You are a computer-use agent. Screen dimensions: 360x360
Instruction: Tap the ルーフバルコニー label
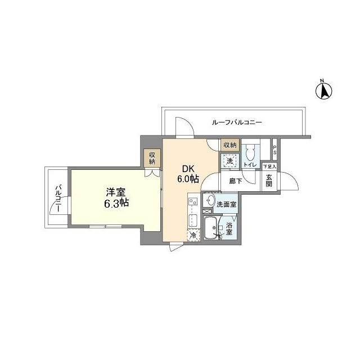click(237, 122)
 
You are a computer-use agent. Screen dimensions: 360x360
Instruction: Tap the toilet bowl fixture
click(250, 152)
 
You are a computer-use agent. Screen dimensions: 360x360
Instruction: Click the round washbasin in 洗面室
click(210, 201)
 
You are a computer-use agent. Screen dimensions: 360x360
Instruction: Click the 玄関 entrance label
click(269, 180)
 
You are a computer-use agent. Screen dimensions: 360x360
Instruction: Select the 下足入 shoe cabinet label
click(269, 167)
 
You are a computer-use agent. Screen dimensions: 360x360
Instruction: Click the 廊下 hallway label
click(235, 181)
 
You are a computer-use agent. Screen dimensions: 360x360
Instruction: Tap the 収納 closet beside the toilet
click(230, 145)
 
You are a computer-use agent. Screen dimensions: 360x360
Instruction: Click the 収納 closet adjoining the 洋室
click(152, 158)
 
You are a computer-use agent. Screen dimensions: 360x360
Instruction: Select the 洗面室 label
click(227, 204)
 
